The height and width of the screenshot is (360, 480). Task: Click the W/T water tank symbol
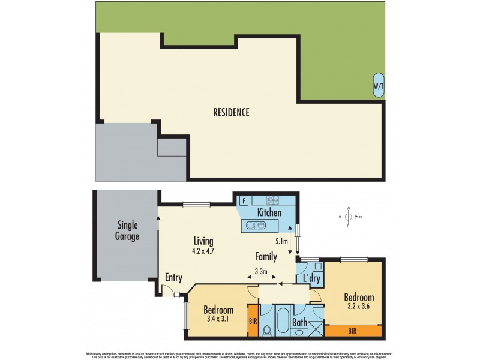tap(379, 86)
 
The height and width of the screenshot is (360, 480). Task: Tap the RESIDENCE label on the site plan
tap(231, 112)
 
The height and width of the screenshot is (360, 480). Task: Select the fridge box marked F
tap(244, 201)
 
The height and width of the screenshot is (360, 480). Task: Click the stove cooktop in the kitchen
tap(273, 201)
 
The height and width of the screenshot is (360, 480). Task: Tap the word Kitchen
tap(269, 212)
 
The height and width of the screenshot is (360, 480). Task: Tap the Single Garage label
tap(127, 230)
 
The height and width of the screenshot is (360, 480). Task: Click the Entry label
tap(174, 277)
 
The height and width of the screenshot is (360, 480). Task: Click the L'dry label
tap(310, 279)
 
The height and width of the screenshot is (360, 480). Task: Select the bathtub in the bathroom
tap(282, 318)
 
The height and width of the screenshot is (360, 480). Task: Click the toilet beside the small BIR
tap(267, 329)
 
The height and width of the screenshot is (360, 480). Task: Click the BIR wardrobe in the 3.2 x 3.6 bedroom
tap(353, 329)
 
